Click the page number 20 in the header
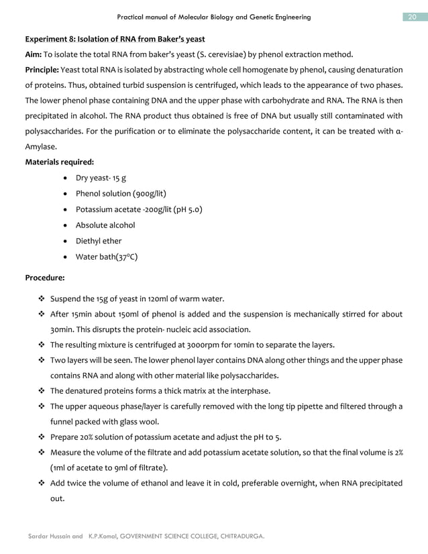[413, 17]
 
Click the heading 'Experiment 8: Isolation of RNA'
[115, 39]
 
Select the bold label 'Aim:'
[34, 54]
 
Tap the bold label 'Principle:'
[46, 70]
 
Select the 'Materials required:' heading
[59, 162]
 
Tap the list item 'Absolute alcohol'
[105, 225]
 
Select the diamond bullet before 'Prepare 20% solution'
[42, 437]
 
